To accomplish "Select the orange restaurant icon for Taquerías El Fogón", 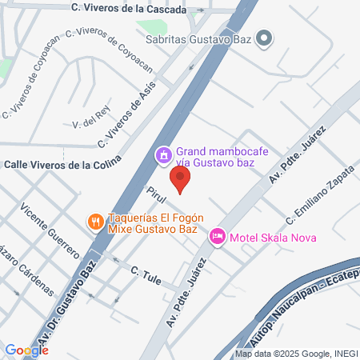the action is (x=94, y=221).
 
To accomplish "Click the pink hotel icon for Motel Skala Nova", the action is (x=216, y=236).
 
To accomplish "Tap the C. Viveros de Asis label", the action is (x=125, y=118).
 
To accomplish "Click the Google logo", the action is (x=26, y=350).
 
